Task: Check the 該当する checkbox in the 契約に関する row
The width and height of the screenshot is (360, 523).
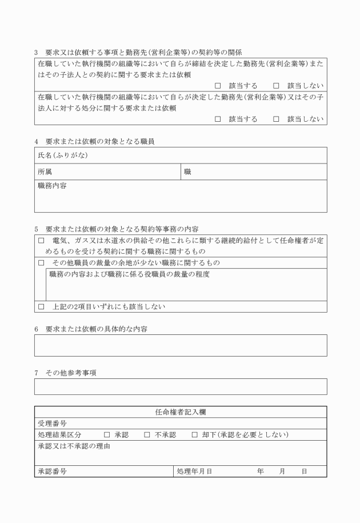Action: pyautogui.click(x=218, y=86)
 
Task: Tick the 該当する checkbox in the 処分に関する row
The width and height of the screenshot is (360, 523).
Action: pyautogui.click(x=218, y=119)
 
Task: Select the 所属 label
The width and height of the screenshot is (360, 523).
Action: pyautogui.click(x=45, y=171)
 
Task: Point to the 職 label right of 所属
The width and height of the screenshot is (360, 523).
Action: pyautogui.click(x=187, y=171)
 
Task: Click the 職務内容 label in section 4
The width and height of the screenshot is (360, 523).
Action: pyautogui.click(x=52, y=186)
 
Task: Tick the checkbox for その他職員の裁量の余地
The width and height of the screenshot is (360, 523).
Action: pyautogui.click(x=41, y=263)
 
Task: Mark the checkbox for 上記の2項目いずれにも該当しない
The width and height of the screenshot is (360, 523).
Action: pyautogui.click(x=41, y=307)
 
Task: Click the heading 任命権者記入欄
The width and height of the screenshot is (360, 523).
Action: pyautogui.click(x=181, y=412)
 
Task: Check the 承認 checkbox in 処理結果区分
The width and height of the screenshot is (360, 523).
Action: pyautogui.click(x=107, y=435)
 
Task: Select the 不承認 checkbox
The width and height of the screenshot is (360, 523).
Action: pyautogui.click(x=147, y=435)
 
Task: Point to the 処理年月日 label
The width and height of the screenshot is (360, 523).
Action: pyautogui.click(x=194, y=472)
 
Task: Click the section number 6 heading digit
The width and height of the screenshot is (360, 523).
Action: pyautogui.click(x=37, y=329)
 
